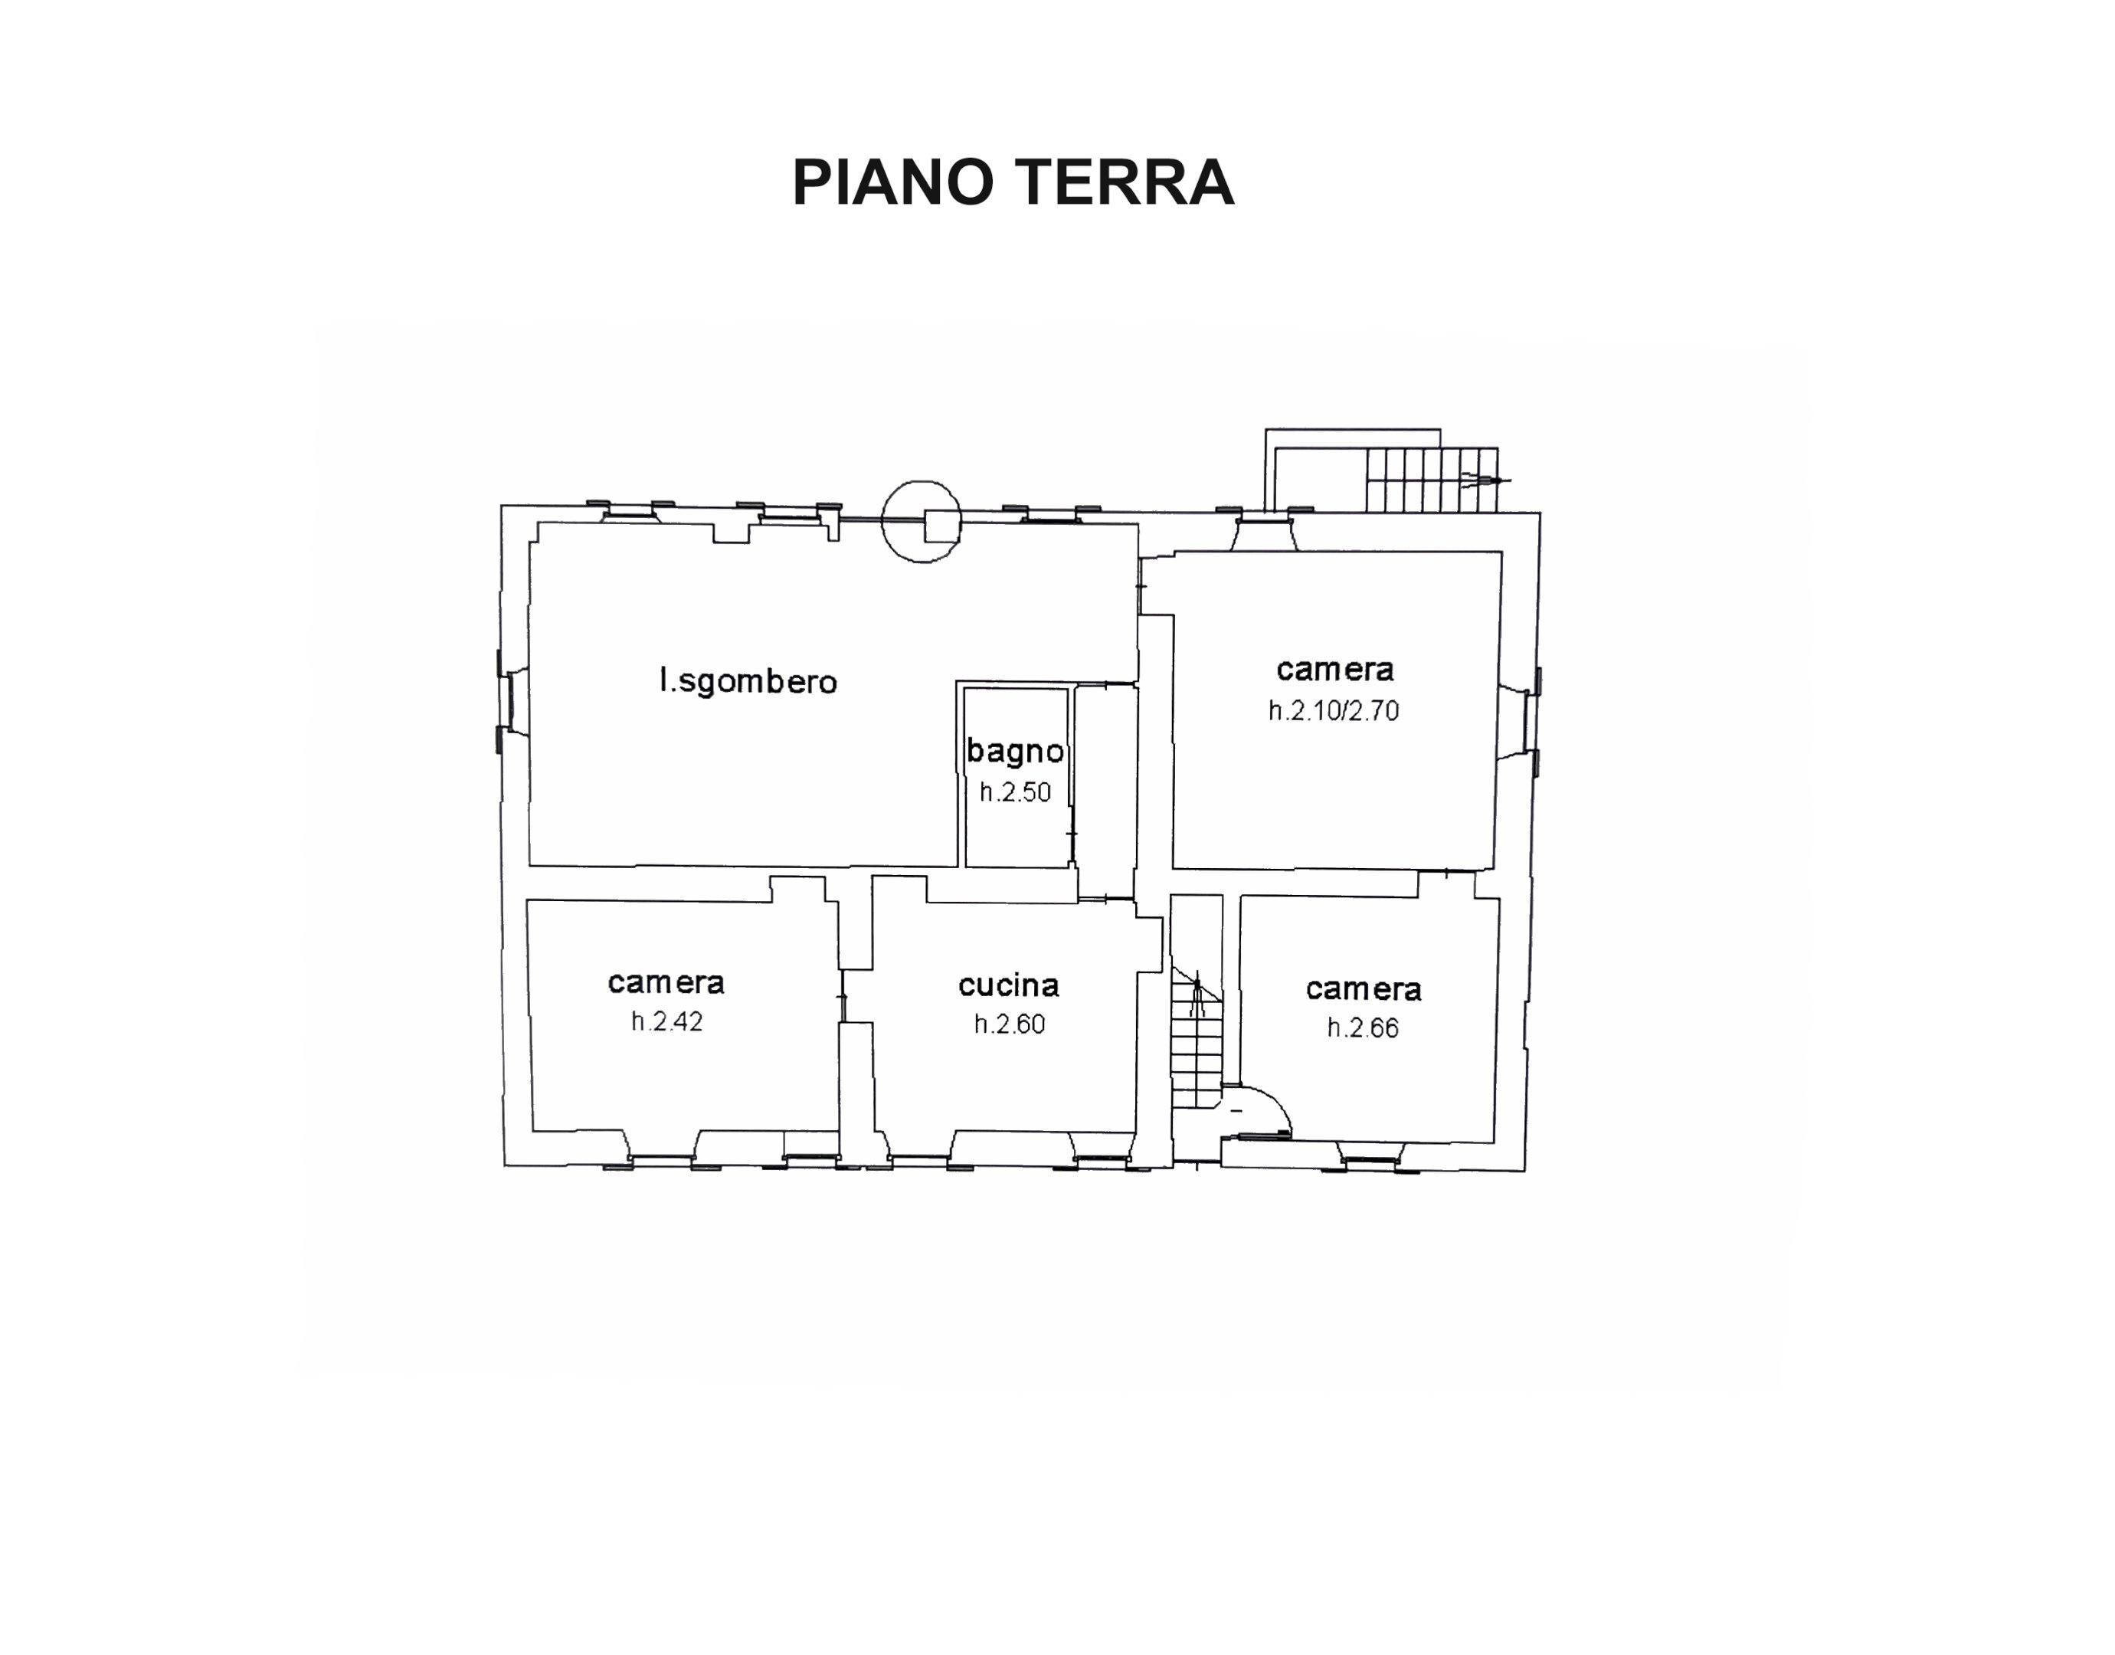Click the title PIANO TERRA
click(1013, 182)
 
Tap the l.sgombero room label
click(748, 681)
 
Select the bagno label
click(1014, 750)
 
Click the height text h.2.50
click(1014, 792)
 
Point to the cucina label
click(1009, 985)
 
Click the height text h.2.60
click(1009, 1024)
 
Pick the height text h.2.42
click(666, 1021)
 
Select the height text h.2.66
click(1362, 1028)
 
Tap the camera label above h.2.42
click(666, 982)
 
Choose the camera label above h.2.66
click(1364, 989)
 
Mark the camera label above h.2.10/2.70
click(1335, 670)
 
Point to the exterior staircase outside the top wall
click(1431, 479)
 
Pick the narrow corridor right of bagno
click(1105, 790)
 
